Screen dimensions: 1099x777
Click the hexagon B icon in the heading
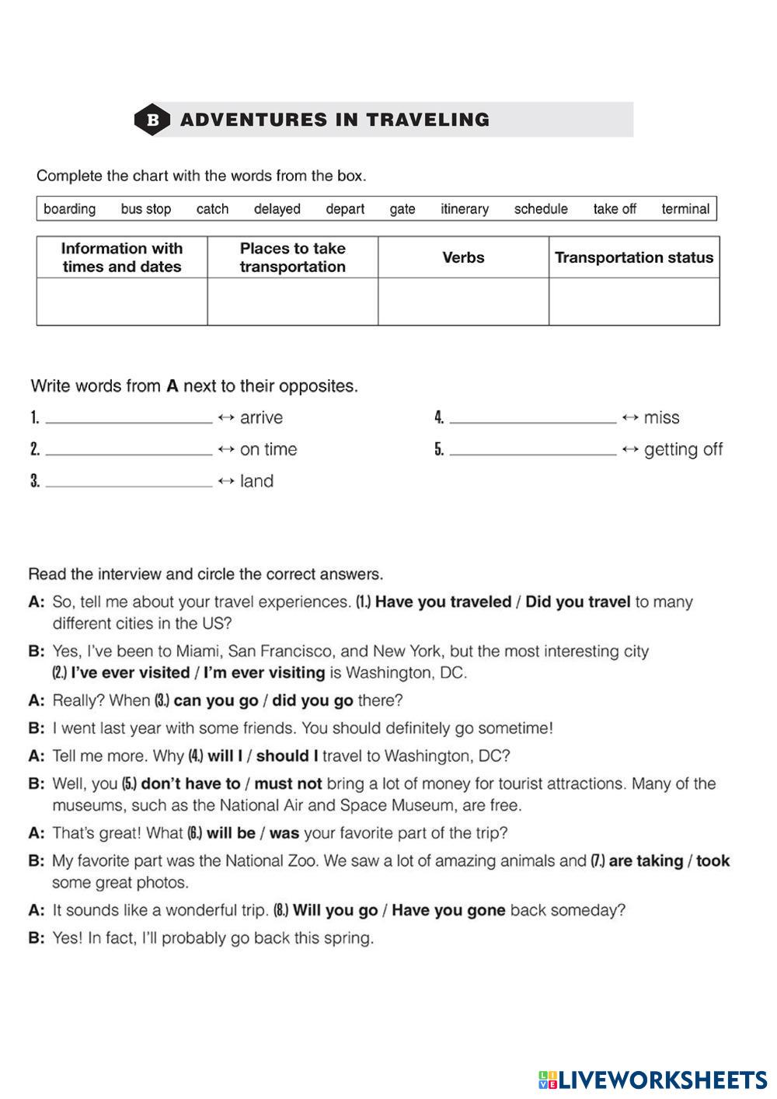click(x=152, y=120)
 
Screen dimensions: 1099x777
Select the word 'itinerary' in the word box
click(x=465, y=209)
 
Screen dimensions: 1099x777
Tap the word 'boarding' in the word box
click(x=70, y=209)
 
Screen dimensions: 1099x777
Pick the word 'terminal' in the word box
click(x=685, y=209)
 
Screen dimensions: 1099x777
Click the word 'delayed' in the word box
click(x=277, y=209)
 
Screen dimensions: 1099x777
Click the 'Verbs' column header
click(x=463, y=257)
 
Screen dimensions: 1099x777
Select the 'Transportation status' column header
click(x=634, y=257)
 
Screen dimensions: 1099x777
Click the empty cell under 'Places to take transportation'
click(x=292, y=301)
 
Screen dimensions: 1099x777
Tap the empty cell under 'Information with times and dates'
click(x=122, y=301)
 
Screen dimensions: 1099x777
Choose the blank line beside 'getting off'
click(x=533, y=450)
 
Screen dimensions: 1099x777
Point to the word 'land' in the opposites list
click(x=256, y=482)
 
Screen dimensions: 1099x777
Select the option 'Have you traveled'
click(x=443, y=602)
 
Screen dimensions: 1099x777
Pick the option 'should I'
click(x=287, y=756)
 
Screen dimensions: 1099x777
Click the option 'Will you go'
click(x=335, y=911)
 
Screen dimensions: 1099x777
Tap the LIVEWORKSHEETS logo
click(x=653, y=1080)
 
